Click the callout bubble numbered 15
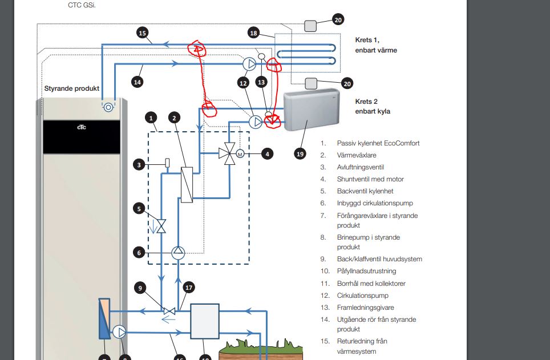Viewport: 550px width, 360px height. pyautogui.click(x=142, y=33)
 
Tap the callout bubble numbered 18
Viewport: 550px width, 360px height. pyautogui.click(x=253, y=33)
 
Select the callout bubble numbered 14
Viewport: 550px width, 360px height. pyautogui.click(x=137, y=82)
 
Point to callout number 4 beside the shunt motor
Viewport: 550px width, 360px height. pyautogui.click(x=267, y=153)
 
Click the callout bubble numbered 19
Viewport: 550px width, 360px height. pyautogui.click(x=300, y=153)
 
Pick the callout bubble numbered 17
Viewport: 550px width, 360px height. pyautogui.click(x=189, y=288)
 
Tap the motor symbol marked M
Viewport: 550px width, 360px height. pyautogui.click(x=240, y=153)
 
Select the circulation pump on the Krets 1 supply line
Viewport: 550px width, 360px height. pyautogui.click(x=249, y=64)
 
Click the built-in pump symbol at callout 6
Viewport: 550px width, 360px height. pyautogui.click(x=178, y=253)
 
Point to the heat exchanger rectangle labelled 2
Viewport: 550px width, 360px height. pyautogui.click(x=187, y=184)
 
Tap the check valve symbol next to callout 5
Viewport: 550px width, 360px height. pyautogui.click(x=161, y=226)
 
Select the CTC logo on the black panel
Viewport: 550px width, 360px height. pyautogui.click(x=82, y=127)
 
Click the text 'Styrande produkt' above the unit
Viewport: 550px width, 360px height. pyautogui.click(x=71, y=88)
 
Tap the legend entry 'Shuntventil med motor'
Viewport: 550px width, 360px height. pyautogui.click(x=370, y=179)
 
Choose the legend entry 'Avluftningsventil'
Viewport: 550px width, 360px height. pyautogui.click(x=360, y=167)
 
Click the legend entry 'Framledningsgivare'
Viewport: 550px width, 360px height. pyautogui.click(x=365, y=308)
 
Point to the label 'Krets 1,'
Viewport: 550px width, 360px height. pyautogui.click(x=367, y=40)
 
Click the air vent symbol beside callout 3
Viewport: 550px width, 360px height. pyautogui.click(x=167, y=163)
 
